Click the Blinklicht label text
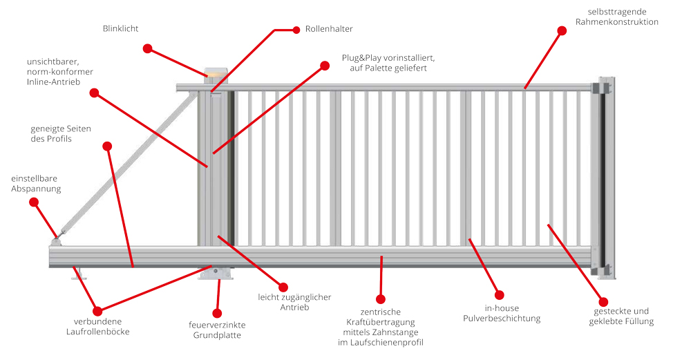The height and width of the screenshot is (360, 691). [x=121, y=28]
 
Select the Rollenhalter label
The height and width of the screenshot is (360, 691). [x=329, y=29]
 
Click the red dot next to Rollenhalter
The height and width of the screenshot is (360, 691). [x=296, y=30]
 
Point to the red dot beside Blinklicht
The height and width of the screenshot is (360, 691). [x=147, y=48]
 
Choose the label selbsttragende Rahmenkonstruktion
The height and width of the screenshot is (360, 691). [x=616, y=17]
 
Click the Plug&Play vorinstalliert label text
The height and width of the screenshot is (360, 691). [x=388, y=63]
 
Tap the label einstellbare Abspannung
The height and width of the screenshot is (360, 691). [x=36, y=183]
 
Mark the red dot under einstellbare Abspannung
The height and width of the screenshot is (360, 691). [x=34, y=202]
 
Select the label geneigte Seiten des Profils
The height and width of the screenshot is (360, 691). [x=61, y=133]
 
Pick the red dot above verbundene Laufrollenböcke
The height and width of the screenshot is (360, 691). [x=97, y=311]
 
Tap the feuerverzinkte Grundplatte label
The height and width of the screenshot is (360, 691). [x=217, y=330]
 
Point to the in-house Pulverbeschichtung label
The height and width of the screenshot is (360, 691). [x=502, y=313]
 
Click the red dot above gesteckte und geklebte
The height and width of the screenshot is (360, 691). [x=604, y=302]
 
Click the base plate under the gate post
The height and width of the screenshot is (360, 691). [x=217, y=274]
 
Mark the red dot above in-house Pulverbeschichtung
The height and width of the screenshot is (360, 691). [x=500, y=295]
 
